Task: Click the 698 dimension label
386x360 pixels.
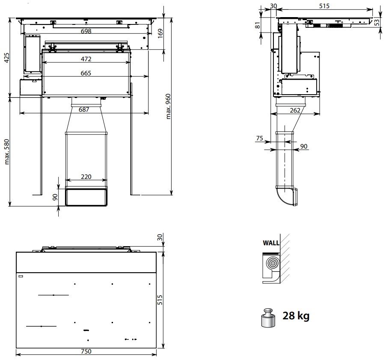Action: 86,31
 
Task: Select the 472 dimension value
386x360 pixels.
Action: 86,59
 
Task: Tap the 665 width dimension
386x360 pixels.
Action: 86,73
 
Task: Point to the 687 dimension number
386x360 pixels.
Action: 84,110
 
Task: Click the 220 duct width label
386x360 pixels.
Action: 86,177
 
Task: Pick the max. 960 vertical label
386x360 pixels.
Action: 168,107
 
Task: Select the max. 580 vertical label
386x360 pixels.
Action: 7,152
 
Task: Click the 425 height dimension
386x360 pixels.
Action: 7,57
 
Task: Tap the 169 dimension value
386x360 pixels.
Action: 160,33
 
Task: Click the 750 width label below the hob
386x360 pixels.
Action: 86,351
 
